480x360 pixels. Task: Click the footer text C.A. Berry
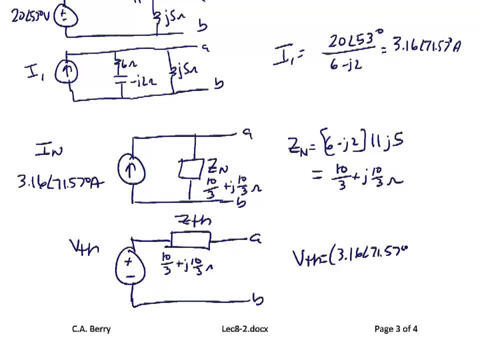91,328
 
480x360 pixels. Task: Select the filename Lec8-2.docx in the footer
245,328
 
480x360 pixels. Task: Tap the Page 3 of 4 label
396,328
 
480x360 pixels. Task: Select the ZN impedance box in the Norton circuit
190,169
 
